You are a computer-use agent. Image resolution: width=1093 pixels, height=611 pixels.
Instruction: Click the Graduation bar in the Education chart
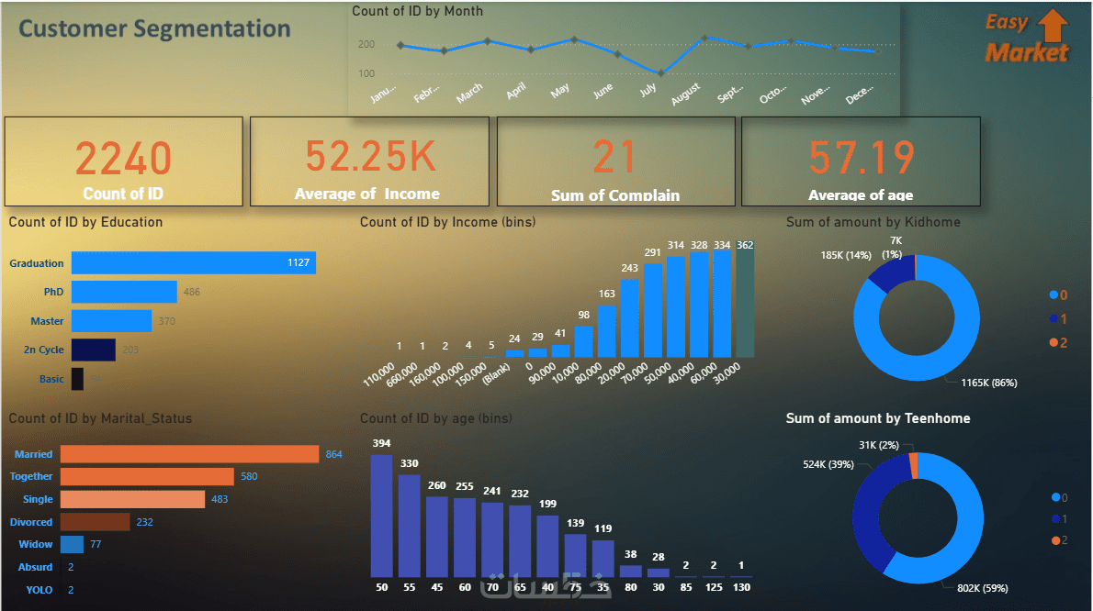click(193, 263)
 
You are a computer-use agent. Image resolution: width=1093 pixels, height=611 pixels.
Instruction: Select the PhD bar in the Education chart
click(124, 292)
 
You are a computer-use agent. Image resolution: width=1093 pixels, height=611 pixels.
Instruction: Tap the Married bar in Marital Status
click(189, 454)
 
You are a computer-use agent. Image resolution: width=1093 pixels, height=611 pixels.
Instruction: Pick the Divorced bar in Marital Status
click(96, 522)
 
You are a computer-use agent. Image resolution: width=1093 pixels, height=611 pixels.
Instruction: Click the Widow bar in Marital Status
click(72, 545)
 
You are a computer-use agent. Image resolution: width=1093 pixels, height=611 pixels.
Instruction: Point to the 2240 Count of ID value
click(123, 158)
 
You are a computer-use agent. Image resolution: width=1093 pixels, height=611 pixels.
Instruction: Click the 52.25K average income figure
click(370, 156)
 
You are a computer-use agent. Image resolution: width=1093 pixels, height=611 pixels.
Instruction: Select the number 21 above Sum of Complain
click(614, 156)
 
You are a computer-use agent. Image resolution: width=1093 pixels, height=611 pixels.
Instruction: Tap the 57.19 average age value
click(862, 158)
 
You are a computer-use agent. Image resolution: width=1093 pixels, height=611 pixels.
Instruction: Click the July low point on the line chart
click(660, 72)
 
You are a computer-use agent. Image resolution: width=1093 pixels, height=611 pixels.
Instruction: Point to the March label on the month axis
click(469, 93)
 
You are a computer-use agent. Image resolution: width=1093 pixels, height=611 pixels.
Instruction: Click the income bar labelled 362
click(745, 304)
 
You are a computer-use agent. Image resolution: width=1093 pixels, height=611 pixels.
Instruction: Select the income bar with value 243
click(630, 317)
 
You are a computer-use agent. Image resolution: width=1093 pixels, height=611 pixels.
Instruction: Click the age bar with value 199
click(547, 545)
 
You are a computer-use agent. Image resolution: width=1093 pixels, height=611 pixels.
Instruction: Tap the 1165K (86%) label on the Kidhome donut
click(988, 383)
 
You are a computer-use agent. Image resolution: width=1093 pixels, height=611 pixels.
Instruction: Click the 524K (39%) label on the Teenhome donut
click(828, 464)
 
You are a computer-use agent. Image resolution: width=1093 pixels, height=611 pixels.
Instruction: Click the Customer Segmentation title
click(154, 28)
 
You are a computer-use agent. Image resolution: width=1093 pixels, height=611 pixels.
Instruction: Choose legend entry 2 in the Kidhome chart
click(1058, 342)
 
